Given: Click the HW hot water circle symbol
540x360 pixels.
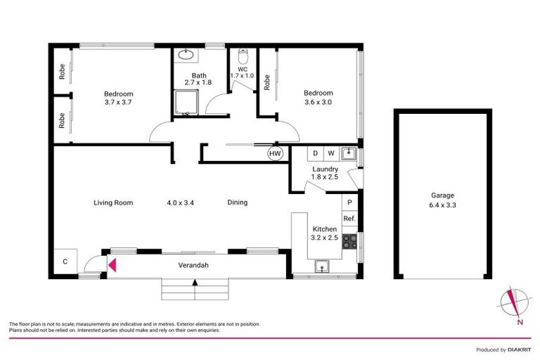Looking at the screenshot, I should (274, 153).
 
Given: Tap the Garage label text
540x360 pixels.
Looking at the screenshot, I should (442, 195).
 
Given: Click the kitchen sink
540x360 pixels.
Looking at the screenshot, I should (323, 265).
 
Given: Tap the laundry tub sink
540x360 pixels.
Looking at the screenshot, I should (348, 153).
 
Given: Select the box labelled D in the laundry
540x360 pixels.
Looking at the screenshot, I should (316, 153).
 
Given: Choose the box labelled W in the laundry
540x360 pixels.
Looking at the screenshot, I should (330, 153).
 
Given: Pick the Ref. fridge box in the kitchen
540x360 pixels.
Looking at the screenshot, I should (349, 219).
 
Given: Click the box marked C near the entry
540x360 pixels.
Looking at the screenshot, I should (65, 262).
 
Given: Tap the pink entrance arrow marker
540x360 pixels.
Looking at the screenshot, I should (111, 264).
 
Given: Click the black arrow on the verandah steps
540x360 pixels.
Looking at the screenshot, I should (195, 282).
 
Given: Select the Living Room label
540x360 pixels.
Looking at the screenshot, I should (113, 202).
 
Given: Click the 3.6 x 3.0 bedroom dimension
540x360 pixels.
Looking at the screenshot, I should (318, 102).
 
